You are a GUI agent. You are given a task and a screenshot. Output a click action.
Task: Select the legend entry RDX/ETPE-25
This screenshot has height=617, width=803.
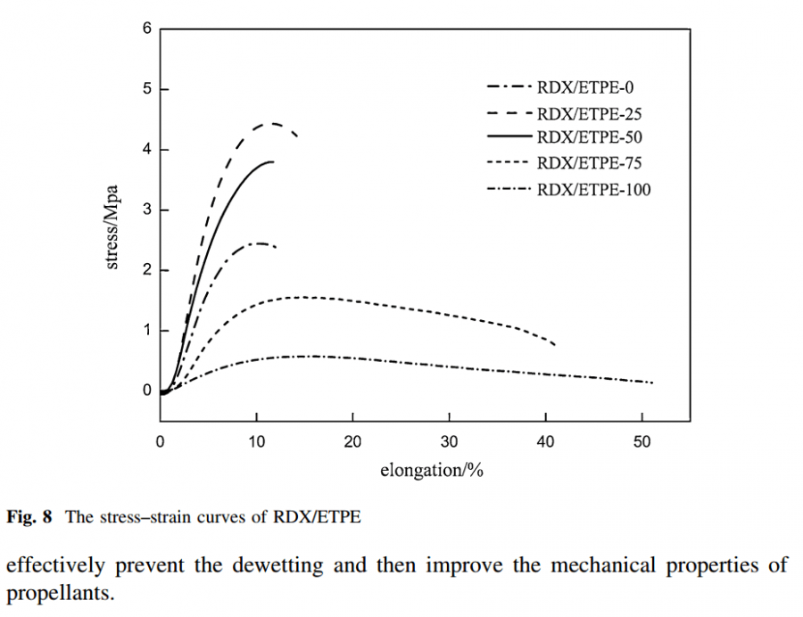pyautogui.click(x=591, y=113)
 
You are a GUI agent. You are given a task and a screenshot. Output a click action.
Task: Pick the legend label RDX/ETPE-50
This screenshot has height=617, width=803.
pyautogui.click(x=591, y=137)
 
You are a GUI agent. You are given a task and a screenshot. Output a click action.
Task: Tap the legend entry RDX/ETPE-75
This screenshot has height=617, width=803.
pyautogui.click(x=591, y=163)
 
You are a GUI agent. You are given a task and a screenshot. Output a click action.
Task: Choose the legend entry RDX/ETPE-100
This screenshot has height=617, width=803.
pyautogui.click(x=594, y=189)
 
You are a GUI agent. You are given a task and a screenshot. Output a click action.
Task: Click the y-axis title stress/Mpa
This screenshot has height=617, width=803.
pyautogui.click(x=115, y=227)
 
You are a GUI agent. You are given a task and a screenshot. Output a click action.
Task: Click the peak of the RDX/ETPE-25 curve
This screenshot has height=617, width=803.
pyautogui.click(x=273, y=124)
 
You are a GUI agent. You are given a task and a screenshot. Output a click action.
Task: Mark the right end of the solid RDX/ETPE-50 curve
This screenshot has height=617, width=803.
pyautogui.click(x=272, y=161)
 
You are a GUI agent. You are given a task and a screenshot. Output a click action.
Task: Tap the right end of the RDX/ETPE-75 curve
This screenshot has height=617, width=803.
pyautogui.click(x=555, y=344)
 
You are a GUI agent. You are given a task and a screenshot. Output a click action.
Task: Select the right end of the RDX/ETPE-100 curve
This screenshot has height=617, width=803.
pyautogui.click(x=653, y=383)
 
